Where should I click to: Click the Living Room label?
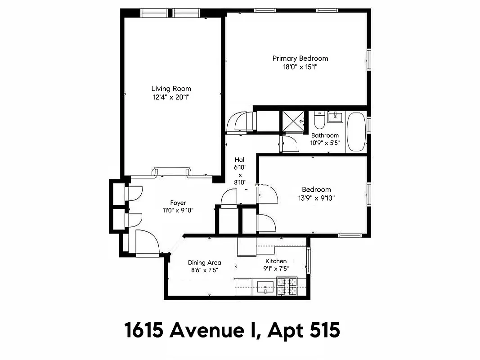(x=171, y=89)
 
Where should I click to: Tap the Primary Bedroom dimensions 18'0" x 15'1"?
(x=300, y=67)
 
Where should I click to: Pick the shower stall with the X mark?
(x=293, y=121)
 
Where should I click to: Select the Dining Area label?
(x=204, y=262)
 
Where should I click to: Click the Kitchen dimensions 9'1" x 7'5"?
(x=276, y=269)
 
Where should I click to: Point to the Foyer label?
(x=178, y=202)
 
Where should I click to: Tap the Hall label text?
(x=240, y=160)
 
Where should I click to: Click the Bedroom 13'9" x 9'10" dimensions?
(x=316, y=198)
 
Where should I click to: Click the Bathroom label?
(x=325, y=135)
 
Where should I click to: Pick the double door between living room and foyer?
(x=171, y=172)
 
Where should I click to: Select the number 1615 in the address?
(x=144, y=331)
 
